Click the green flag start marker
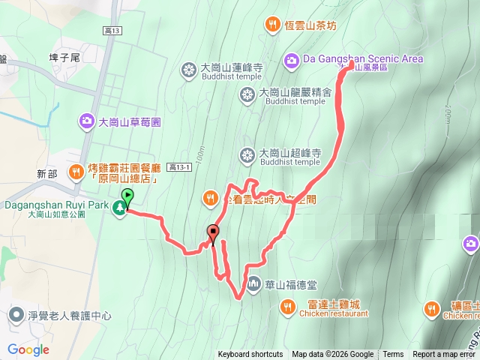(127, 197)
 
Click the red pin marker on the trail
(213, 232)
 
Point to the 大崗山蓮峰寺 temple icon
(187, 70)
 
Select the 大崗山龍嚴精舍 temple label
(295, 94)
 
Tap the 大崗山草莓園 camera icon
(87, 121)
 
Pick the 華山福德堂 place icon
(253, 284)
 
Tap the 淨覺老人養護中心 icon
(16, 316)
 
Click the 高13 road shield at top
(111, 28)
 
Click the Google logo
(28, 349)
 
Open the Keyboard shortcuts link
(250, 355)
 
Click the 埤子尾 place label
(63, 56)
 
